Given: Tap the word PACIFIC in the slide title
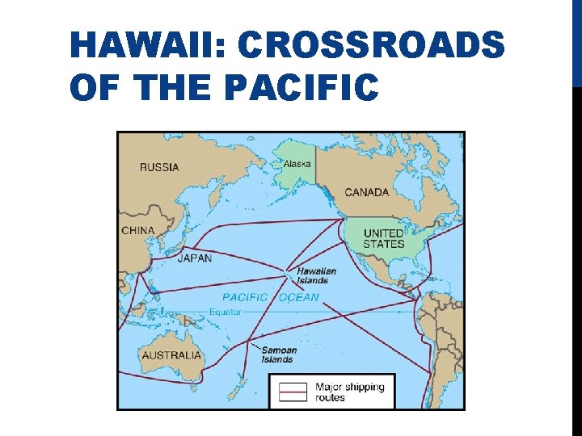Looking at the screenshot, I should [300, 87].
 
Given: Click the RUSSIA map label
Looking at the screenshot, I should [159, 168].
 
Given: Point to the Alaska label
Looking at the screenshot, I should [297, 164].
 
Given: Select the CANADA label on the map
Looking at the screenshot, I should [366, 192].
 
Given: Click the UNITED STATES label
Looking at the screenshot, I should [383, 238].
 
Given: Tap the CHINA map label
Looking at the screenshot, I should [137, 230].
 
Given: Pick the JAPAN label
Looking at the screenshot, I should [194, 258].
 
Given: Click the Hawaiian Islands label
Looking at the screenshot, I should [316, 275].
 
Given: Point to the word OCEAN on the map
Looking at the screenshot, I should [298, 297].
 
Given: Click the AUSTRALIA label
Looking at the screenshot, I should [171, 355].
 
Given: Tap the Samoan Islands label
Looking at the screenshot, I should [278, 354].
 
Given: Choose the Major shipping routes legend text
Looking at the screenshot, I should [349, 392].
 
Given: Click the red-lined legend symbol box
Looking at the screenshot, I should [293, 392].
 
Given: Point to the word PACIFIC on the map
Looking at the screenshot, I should [245, 297].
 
